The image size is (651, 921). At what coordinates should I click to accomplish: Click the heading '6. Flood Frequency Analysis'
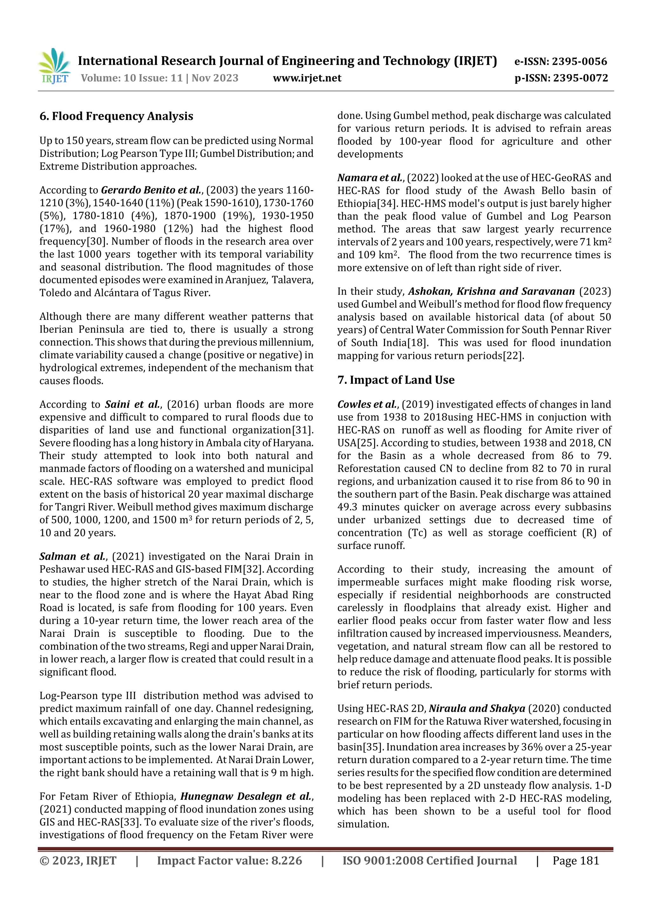116,116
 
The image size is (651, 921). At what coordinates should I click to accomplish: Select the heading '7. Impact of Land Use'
396,380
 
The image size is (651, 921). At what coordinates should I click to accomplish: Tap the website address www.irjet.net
307,78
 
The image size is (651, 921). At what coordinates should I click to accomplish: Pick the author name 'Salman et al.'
72,556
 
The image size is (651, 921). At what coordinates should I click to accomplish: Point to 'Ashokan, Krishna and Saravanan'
491,291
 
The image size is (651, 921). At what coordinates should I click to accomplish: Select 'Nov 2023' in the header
215,78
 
